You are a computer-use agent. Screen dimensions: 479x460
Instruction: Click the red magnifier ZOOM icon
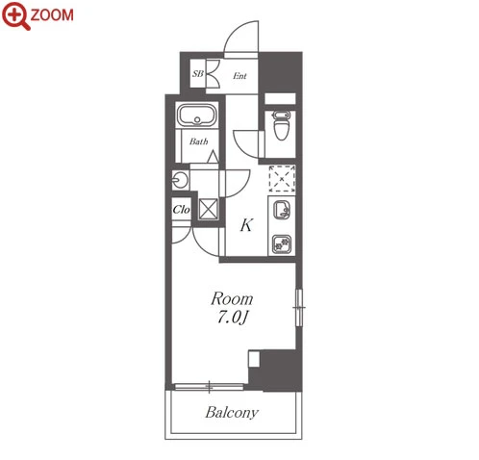pos(16,15)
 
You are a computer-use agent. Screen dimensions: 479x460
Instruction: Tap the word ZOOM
pos(52,15)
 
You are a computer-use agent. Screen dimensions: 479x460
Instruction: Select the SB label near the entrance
pos(198,74)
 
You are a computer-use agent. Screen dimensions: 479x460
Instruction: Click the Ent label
pos(239,76)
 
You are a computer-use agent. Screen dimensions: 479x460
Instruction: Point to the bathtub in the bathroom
pos(197,115)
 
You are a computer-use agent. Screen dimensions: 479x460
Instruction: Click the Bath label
pos(198,141)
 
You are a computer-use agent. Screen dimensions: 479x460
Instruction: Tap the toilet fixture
pos(281,125)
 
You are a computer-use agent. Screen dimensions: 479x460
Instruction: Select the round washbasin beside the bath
pos(180,180)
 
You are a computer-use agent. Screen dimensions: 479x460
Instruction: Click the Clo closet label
pos(181,210)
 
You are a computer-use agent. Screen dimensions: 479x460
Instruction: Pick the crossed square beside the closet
pos(208,209)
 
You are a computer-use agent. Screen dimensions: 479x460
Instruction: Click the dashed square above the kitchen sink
pos(282,179)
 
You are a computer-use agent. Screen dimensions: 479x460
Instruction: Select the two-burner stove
pos(282,244)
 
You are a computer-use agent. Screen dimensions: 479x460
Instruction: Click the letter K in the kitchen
pos(246,225)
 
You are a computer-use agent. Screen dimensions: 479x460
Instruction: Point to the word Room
pos(232,298)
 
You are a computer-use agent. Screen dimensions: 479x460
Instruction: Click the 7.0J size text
pos(233,318)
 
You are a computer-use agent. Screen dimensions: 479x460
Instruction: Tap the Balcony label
pos(232,413)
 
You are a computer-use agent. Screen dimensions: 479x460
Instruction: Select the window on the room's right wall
pos(299,308)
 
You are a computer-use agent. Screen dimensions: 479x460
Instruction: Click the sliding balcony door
pos(209,387)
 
